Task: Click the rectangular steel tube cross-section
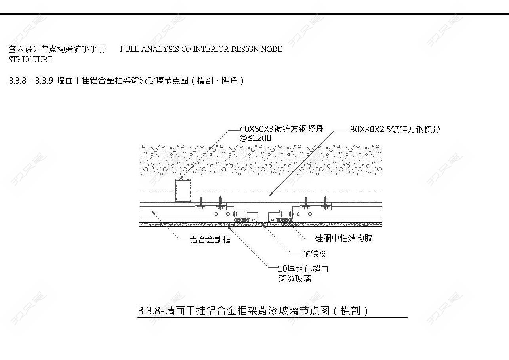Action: pyautogui.click(x=183, y=190)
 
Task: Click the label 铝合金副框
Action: pyautogui.click(x=210, y=240)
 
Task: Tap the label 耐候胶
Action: pyautogui.click(x=314, y=253)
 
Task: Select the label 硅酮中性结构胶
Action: pyautogui.click(x=344, y=238)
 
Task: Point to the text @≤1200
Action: pyautogui.click(x=255, y=138)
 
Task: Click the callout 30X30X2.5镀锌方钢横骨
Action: pyautogui.click(x=395, y=129)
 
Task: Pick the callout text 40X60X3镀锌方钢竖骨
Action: pyautogui.click(x=281, y=129)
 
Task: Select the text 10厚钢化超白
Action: pyautogui.click(x=303, y=269)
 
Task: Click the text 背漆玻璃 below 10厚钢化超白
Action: pyautogui.click(x=295, y=278)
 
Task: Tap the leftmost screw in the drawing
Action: pyautogui.click(x=201, y=203)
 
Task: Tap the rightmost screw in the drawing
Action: pyautogui.click(x=325, y=203)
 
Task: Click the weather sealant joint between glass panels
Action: pyautogui.click(x=263, y=224)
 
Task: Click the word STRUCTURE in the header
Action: pyautogui.click(x=31, y=59)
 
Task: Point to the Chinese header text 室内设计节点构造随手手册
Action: pyautogui.click(x=57, y=49)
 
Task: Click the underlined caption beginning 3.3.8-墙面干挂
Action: pyautogui.click(x=253, y=311)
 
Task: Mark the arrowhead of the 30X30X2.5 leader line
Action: pyautogui.click(x=271, y=194)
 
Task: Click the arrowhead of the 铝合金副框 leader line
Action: pyautogui.click(x=153, y=213)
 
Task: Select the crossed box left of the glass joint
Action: pyautogui.click(x=254, y=220)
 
